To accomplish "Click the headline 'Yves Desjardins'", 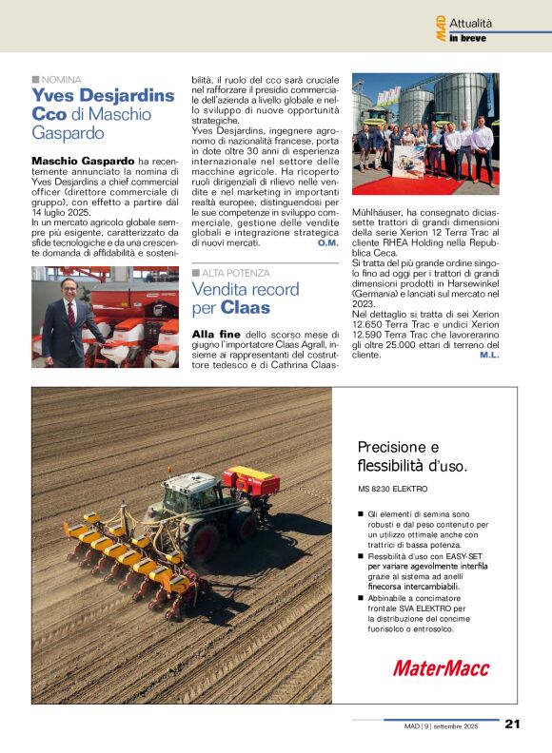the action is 103,95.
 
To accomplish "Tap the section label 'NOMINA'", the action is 61,79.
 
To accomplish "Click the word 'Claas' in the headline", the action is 246,308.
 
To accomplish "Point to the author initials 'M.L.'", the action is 489,354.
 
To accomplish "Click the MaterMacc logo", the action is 441,667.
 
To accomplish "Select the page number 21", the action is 512,724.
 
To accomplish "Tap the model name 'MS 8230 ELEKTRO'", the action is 392,489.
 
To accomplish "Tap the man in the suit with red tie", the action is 69,319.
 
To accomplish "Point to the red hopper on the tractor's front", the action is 251,481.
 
